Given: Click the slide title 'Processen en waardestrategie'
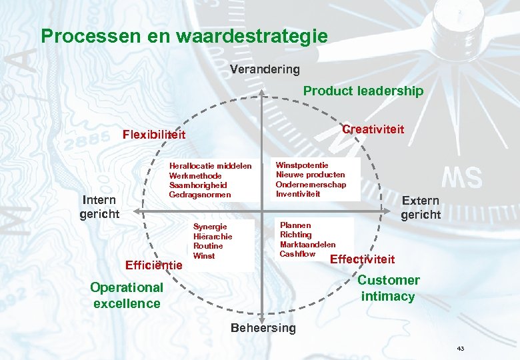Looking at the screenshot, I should [x=184, y=36].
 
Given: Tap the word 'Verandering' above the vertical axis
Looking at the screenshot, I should [x=265, y=69].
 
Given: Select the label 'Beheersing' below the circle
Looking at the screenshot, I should [x=263, y=328].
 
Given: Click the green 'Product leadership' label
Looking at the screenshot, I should [x=363, y=91].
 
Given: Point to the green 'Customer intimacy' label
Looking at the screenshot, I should [x=389, y=288].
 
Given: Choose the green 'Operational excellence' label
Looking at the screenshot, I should [x=127, y=295].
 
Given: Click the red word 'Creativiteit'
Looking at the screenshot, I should [x=373, y=129].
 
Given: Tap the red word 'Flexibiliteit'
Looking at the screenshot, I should [x=154, y=135].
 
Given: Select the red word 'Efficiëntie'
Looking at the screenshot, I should [x=154, y=265].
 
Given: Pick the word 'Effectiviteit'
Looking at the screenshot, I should [x=363, y=259].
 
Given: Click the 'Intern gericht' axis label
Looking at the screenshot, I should [x=99, y=207].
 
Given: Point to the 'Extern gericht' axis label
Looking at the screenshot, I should [x=421, y=207].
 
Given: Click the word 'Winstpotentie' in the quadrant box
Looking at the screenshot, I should [x=302, y=165].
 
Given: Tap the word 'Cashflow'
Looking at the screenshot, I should [x=297, y=254].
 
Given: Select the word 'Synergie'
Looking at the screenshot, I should [x=210, y=227].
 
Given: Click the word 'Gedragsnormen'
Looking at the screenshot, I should [x=200, y=195].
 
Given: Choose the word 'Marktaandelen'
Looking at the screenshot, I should [x=307, y=245].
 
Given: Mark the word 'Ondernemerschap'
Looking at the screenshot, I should [x=311, y=185].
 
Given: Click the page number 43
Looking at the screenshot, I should [x=461, y=349].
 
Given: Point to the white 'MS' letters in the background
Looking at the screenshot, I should [x=462, y=178].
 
